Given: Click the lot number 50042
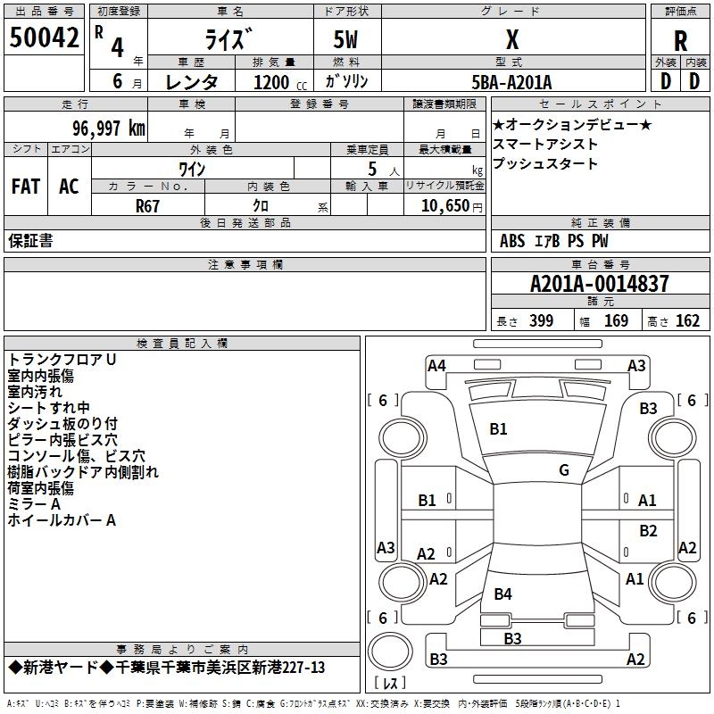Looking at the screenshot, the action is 44,37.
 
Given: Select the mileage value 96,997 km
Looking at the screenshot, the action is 109,129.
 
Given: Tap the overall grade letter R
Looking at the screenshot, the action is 680,41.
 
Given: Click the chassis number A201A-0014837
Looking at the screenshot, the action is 600,284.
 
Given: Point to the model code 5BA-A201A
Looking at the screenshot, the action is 511,82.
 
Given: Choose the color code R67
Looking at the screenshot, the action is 147,206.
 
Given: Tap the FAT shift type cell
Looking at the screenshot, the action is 26,187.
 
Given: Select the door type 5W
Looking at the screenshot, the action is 345,39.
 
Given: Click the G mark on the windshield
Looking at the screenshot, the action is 564,470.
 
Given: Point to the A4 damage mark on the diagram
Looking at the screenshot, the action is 436,366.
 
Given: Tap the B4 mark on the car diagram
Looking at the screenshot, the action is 503,594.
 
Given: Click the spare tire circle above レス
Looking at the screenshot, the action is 390,652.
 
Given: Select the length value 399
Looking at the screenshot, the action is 542,320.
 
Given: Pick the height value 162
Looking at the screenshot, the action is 687,320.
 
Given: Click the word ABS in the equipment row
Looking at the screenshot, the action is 512,241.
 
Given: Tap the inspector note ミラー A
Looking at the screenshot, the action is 34,504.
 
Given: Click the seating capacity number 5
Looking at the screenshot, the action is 372,169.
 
